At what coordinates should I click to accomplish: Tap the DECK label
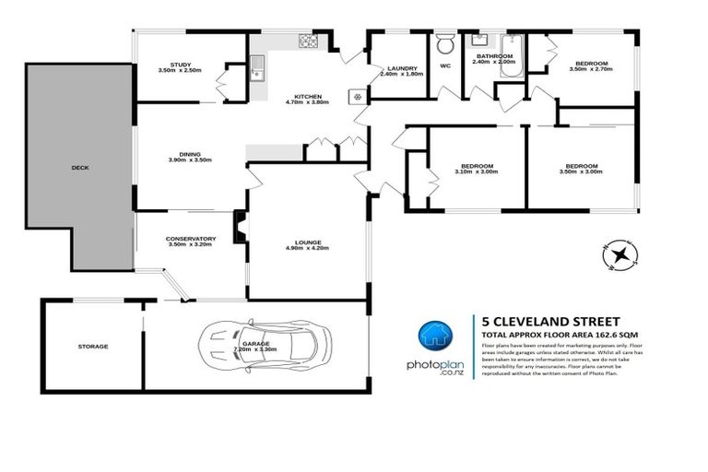coord(80,169)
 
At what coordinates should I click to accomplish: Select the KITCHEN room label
coord(307,96)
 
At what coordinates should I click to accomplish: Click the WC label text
coord(445,66)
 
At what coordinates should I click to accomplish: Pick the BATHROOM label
coord(494,56)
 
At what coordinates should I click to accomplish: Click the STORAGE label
coord(92,347)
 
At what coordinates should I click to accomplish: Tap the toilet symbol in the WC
coord(445,44)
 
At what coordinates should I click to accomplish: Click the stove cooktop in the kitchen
coord(307,41)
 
